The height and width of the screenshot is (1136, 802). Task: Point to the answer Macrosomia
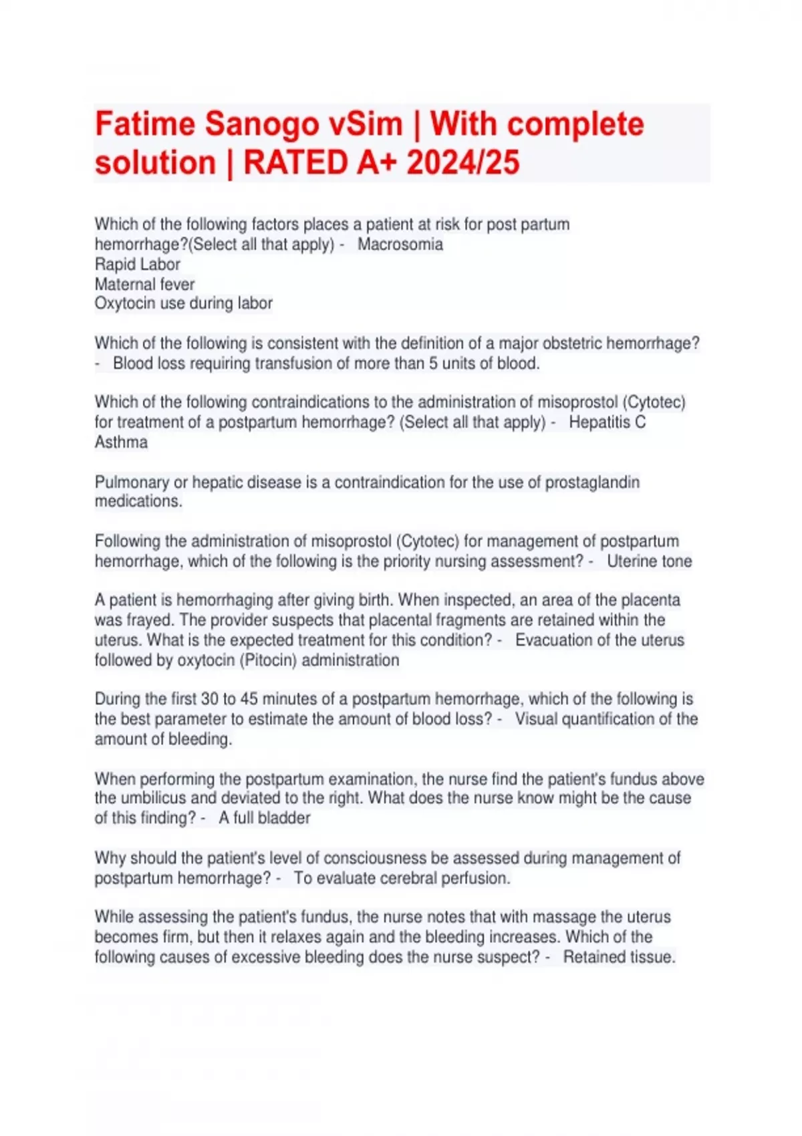click(400, 245)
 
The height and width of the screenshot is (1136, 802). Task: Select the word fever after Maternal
click(177, 284)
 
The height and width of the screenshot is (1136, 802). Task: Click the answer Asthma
click(121, 442)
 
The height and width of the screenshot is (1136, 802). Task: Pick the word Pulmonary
click(132, 482)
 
